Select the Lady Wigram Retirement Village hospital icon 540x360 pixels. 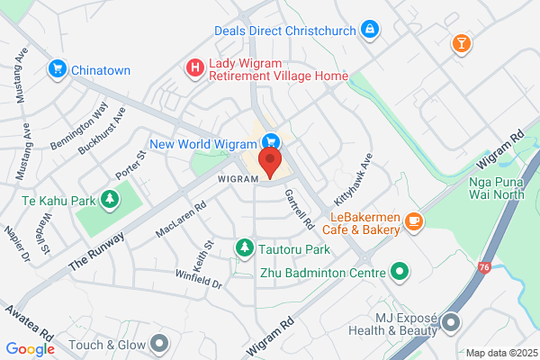[193, 67]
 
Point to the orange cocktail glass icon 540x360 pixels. [462, 44]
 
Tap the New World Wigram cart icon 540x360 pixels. [271, 142]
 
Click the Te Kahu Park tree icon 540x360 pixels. [110, 198]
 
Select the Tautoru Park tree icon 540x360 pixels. [243, 247]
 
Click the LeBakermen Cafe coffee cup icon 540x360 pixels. [413, 221]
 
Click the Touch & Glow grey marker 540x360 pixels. [160, 343]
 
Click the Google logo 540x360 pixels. [30, 348]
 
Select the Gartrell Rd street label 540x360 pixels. [298, 210]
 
